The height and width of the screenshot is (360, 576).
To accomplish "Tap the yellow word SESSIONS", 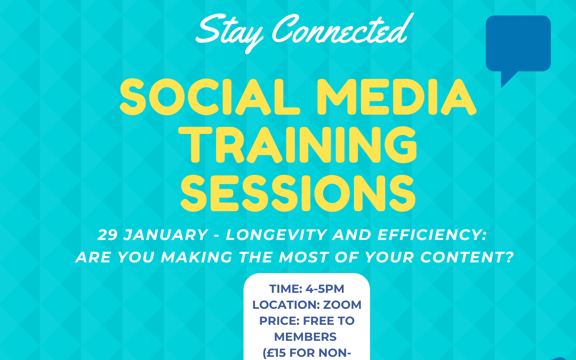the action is (x=298, y=193).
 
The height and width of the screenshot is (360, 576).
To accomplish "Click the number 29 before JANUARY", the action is (x=107, y=235).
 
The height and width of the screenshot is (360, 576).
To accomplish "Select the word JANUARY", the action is (x=166, y=235).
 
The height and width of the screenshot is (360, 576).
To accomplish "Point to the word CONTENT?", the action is (x=467, y=258).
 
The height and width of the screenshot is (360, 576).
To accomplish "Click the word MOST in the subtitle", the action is (x=301, y=258).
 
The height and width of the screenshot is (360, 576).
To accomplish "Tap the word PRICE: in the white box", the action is (x=279, y=321).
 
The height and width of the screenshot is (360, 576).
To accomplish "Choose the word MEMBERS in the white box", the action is (x=305, y=337).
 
